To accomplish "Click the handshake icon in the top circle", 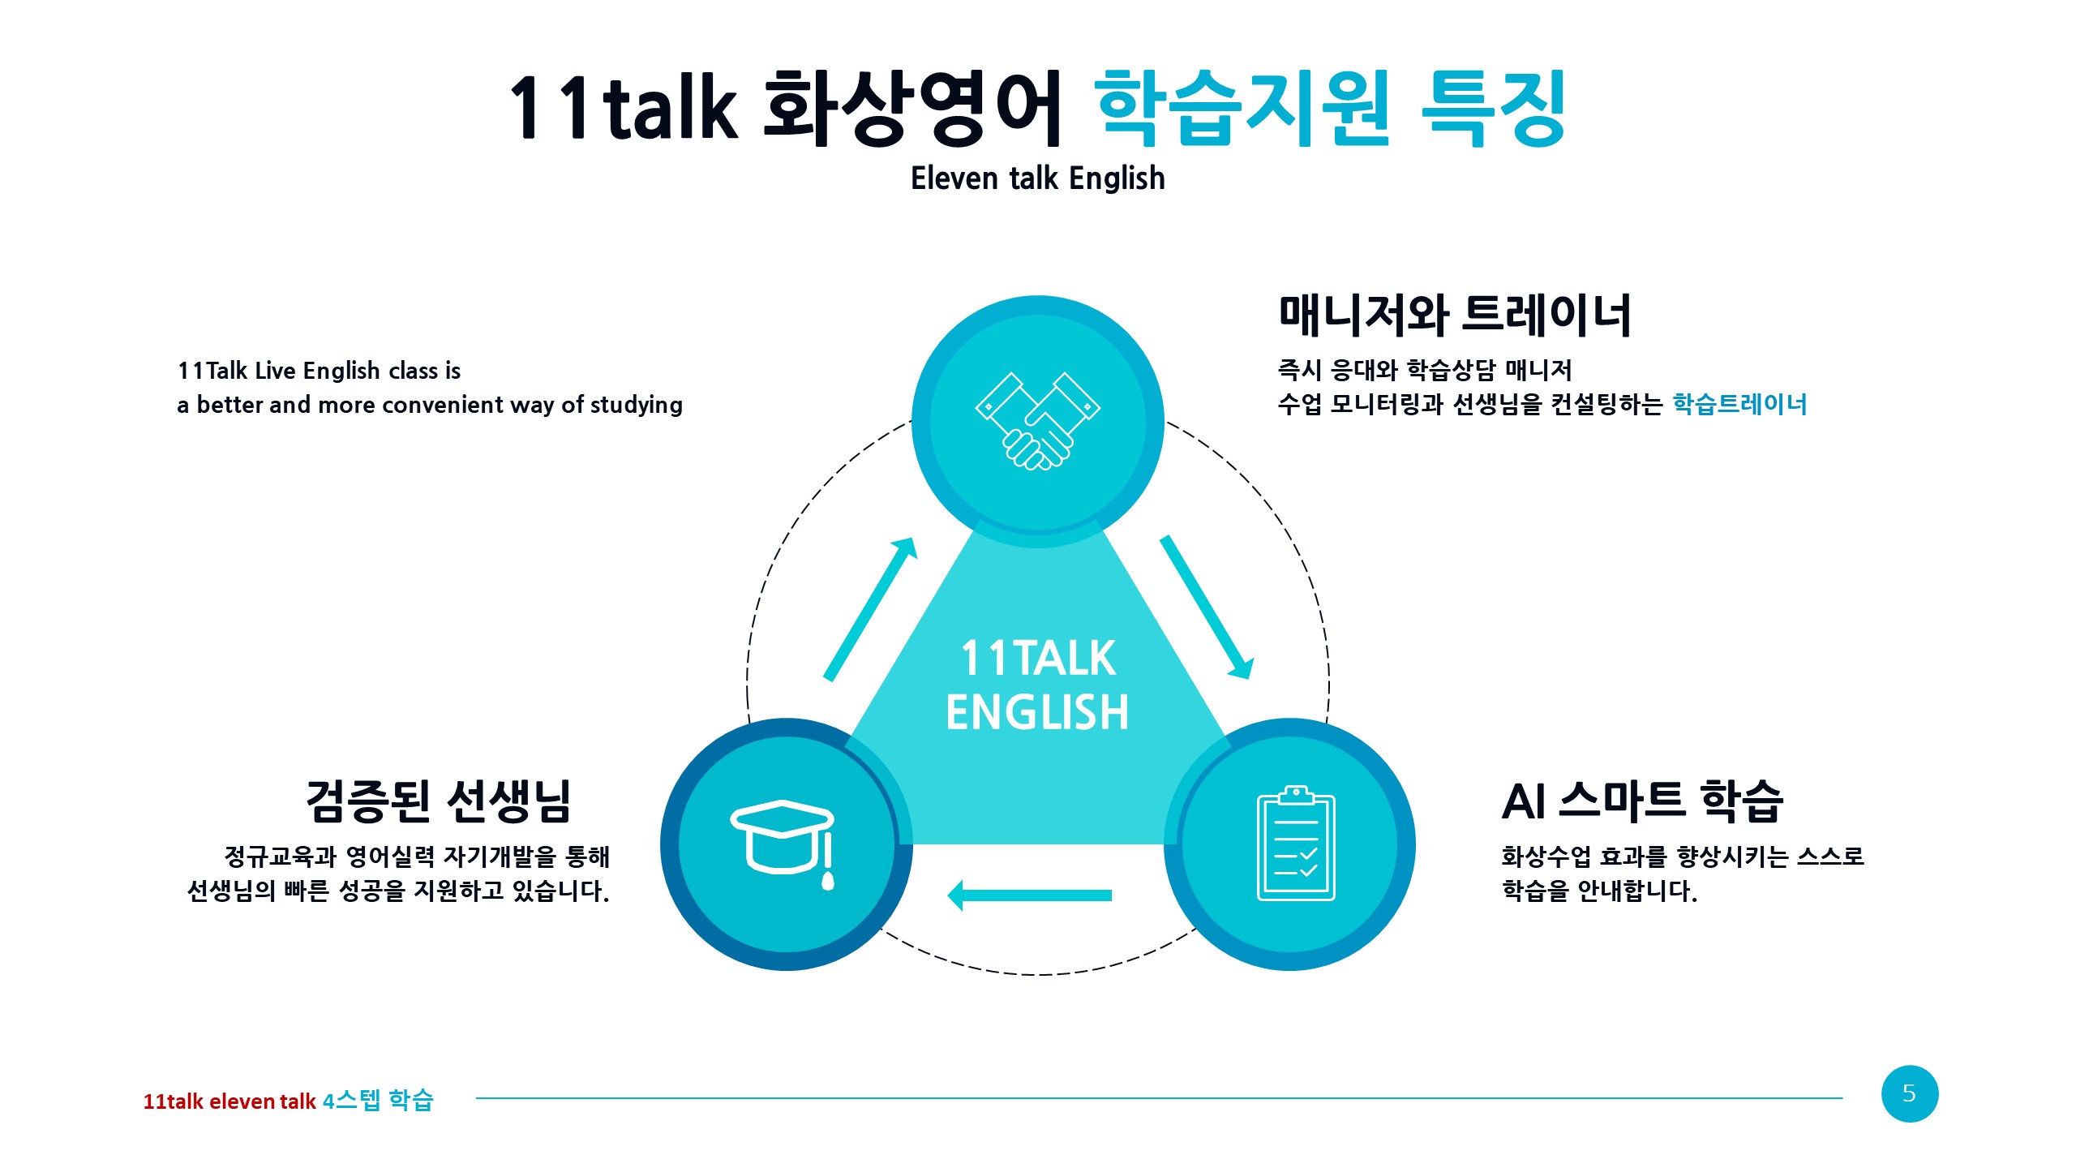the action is click(1037, 421).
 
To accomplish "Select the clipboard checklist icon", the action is click(1296, 843).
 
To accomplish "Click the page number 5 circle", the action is click(1910, 1093).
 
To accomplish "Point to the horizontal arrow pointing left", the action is click(1029, 895).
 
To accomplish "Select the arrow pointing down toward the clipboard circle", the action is click(1207, 607).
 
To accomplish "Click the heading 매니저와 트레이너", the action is click(1455, 316).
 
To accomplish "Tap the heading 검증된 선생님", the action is click(439, 801).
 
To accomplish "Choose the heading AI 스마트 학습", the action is click(1642, 801).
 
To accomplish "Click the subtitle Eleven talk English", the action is click(1037, 178).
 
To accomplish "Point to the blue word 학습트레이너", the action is click(1739, 404).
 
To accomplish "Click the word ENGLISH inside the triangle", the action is click(1037, 712).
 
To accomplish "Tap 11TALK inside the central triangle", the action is click(1037, 658).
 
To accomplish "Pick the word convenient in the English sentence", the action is click(468, 404).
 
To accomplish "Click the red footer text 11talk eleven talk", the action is click(229, 1101).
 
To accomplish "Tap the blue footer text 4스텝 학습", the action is click(378, 1101).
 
